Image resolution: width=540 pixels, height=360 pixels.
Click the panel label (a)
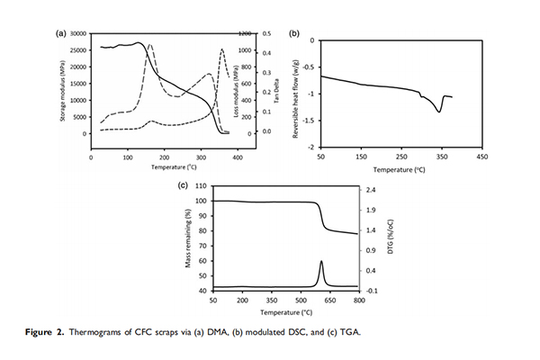click(x=62, y=33)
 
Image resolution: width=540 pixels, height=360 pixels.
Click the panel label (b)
click(x=293, y=33)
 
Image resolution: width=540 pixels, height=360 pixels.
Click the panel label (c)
click(x=184, y=186)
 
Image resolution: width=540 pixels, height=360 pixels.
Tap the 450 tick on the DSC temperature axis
click(x=481, y=156)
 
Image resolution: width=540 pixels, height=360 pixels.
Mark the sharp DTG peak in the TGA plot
click(x=321, y=261)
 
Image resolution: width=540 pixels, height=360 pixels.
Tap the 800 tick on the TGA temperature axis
click(x=358, y=300)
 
